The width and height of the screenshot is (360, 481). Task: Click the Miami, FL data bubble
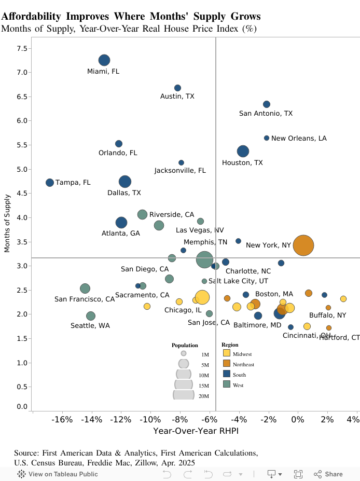104,60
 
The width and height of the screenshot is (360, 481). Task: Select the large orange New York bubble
303,245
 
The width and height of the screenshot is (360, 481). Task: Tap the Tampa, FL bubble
50,183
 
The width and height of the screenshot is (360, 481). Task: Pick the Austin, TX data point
177,88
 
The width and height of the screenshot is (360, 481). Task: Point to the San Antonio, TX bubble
267,104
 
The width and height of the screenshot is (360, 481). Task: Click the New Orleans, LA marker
267,138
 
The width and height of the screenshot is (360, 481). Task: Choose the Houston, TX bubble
243,152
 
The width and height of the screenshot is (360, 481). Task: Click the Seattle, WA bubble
91,316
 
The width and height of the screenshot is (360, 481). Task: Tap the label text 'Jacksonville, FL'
180,171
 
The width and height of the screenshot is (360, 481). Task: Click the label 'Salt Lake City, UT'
238,281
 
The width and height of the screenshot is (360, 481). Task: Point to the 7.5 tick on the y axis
22,48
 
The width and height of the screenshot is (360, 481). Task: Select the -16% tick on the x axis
63,419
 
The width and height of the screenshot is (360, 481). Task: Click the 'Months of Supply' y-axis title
7,223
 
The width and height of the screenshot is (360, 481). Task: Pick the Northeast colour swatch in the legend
226,364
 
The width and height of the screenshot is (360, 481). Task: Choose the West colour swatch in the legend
226,384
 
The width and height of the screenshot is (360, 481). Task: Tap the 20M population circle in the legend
184,394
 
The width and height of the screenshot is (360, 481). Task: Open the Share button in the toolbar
328,474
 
